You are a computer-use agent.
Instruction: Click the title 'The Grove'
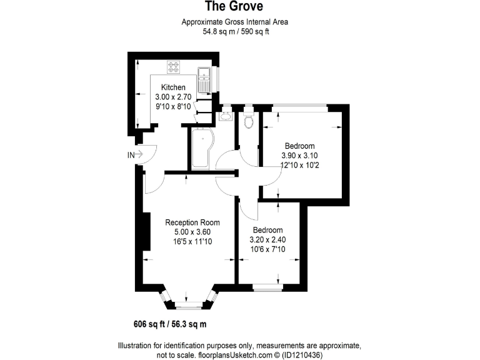pos(234,7)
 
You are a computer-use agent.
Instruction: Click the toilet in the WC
pos(249,119)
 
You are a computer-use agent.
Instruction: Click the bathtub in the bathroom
pos(201,150)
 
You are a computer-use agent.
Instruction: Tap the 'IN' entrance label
pos(131,154)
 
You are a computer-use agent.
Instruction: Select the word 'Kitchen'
pos(173,87)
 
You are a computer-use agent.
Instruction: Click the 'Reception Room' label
pos(192,222)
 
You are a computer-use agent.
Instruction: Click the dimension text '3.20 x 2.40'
pos(267,239)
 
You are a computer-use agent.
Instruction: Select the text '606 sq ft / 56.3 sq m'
pos(170,324)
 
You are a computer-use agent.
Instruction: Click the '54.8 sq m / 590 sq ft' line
pos(234,31)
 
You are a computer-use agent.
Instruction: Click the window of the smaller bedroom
pos(267,287)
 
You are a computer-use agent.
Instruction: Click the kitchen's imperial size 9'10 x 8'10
pos(173,107)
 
